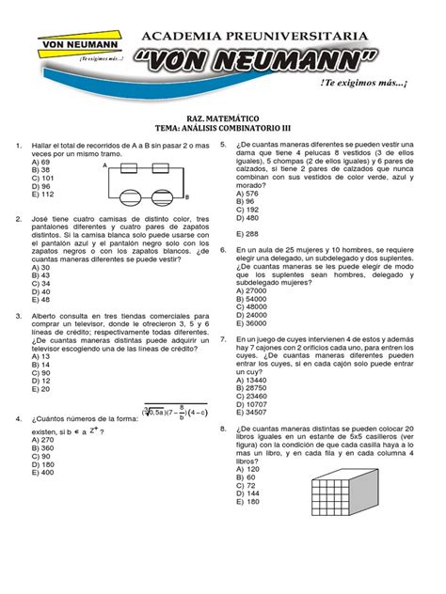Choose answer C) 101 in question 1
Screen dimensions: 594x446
42,178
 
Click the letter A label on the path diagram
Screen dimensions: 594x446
106,164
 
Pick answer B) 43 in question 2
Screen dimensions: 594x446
40,275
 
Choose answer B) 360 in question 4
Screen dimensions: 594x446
43,448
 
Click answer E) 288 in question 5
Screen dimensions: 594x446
247,233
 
